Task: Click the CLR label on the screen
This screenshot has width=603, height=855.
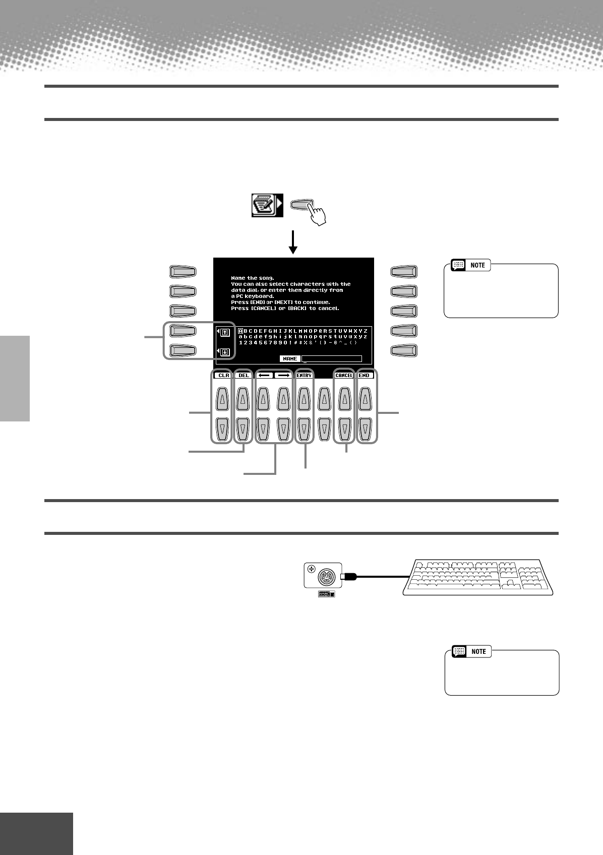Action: [223, 376]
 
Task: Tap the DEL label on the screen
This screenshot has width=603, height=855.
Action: [244, 376]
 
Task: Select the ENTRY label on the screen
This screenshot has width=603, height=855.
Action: [304, 376]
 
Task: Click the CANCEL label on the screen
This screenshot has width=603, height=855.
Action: [344, 376]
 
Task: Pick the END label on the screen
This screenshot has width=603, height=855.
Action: [364, 376]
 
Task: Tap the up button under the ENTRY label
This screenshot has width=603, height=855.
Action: [304, 401]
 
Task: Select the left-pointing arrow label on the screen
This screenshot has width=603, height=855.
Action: [265, 376]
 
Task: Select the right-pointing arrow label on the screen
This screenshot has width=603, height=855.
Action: [283, 376]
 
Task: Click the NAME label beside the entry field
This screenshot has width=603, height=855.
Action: [290, 359]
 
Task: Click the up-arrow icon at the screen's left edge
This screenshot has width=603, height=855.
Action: [225, 332]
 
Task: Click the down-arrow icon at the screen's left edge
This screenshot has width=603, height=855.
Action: [225, 352]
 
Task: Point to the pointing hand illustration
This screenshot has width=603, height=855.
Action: [316, 215]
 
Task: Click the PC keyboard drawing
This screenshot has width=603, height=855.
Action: [478, 577]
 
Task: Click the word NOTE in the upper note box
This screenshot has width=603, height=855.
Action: [477, 265]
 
